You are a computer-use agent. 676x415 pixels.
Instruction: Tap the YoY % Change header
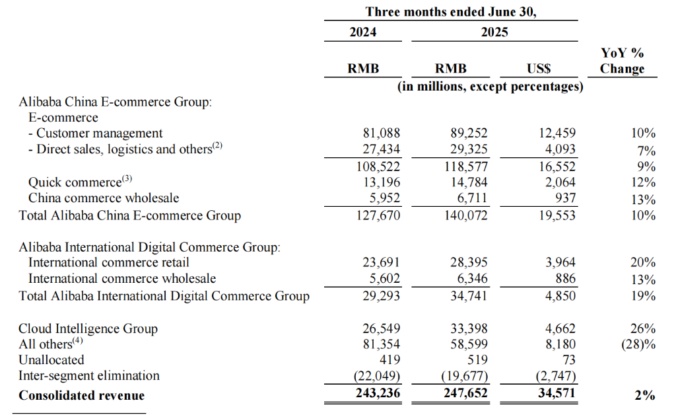point(622,61)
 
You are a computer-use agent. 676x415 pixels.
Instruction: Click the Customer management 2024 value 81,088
point(378,133)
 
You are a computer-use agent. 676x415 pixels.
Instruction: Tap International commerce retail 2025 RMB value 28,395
point(466,262)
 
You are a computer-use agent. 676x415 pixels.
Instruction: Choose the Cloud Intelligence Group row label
point(88,328)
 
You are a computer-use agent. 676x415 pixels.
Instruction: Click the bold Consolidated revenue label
point(81,396)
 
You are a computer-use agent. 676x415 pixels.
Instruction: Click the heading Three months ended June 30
point(451,12)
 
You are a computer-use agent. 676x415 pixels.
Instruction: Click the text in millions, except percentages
point(490,87)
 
